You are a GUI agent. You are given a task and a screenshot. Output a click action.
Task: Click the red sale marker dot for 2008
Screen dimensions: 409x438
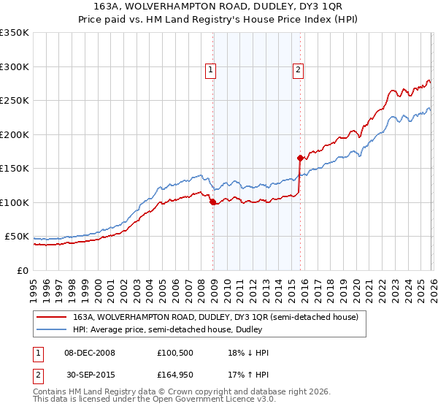pos(212,202)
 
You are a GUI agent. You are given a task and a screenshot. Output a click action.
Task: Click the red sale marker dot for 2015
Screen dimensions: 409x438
pos(300,158)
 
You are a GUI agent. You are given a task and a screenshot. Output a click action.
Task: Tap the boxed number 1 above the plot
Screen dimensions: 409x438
pos(210,70)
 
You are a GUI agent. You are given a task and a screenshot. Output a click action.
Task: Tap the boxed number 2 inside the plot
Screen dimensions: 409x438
pos(299,70)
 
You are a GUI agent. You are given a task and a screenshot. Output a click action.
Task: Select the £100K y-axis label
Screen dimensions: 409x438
pos(15,202)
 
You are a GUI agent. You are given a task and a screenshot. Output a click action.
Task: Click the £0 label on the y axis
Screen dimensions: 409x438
pos(23,270)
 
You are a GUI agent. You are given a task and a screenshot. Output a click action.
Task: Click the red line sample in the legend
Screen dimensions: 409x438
pos(51,318)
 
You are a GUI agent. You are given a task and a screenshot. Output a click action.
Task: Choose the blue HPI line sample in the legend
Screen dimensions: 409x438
pos(51,330)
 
